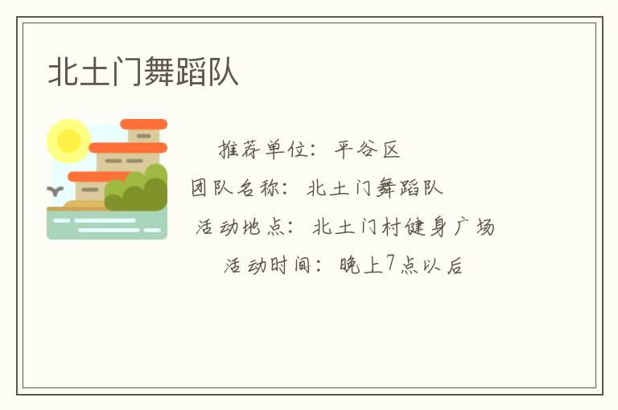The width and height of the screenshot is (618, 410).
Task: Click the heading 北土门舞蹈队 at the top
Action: pyautogui.click(x=143, y=72)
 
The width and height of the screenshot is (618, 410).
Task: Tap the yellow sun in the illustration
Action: pyautogui.click(x=68, y=141)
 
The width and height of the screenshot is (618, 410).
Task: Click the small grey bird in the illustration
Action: pyautogui.click(x=56, y=191)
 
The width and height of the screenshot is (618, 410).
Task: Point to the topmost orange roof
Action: pyautogui.click(x=143, y=125)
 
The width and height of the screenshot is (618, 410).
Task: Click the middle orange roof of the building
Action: pyautogui.click(x=128, y=148)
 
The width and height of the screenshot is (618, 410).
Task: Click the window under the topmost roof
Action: pyautogui.click(x=143, y=137)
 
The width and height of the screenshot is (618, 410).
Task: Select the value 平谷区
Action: pyautogui.click(x=368, y=149)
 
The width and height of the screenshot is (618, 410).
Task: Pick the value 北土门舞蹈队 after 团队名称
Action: pyautogui.click(x=375, y=188)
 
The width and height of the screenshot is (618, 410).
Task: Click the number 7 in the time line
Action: pyautogui.click(x=391, y=264)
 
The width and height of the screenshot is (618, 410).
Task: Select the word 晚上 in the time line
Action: pyautogui.click(x=360, y=264)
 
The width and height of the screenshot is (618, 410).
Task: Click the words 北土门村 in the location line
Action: pyautogui.click(x=356, y=227)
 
